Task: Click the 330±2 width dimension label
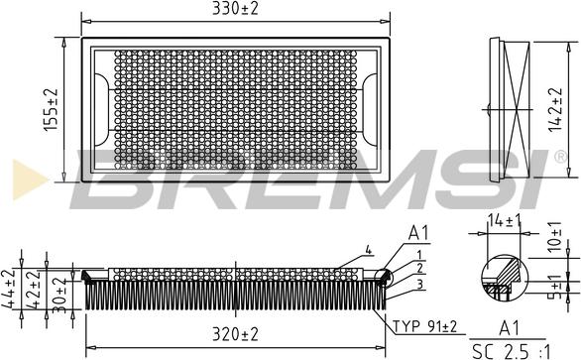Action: [x=235, y=8]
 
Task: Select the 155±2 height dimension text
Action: [x=52, y=110]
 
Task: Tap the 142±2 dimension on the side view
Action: [x=554, y=110]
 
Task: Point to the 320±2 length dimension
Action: [x=235, y=335]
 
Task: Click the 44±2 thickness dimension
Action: [x=9, y=289]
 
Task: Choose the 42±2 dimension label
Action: [x=33, y=290]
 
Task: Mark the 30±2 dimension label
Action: [x=59, y=296]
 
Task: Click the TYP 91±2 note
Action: [x=425, y=326]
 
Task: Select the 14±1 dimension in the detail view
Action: [x=505, y=221]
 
